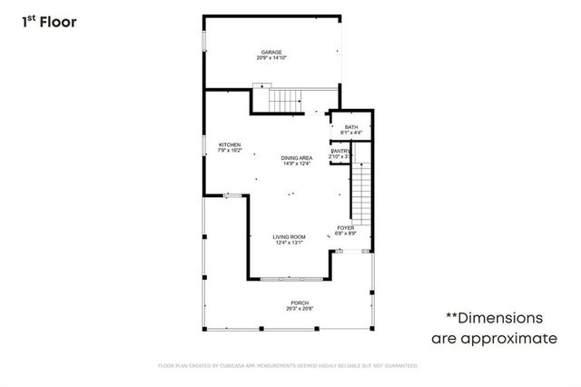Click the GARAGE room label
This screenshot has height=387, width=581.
271,53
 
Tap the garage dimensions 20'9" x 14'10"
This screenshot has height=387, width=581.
271,58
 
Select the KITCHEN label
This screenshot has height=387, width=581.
230,145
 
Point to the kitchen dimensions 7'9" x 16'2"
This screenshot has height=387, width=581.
230,151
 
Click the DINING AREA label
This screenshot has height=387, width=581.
297,158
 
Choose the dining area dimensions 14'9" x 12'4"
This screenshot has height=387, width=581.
297,164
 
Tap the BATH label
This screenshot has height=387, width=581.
350,127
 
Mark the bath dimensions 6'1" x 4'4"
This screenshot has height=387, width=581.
350,133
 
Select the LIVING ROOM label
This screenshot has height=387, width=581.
290,237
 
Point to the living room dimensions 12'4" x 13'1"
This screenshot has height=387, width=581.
290,243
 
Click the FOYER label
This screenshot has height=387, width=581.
346,227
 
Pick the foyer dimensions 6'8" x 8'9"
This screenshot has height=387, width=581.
346,233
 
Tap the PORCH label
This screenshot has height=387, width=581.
300,303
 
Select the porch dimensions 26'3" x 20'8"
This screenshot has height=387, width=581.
300,308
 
